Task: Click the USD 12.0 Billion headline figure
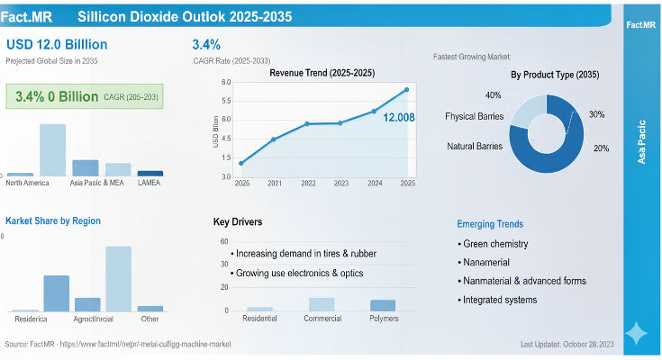click(57, 44)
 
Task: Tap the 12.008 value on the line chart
click(399, 117)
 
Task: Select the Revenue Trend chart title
click(322, 72)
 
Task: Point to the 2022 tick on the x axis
click(308, 183)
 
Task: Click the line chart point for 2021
click(274, 139)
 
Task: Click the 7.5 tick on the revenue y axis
click(226, 101)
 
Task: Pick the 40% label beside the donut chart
click(494, 95)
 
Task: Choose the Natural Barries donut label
click(476, 146)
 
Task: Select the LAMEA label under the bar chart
click(150, 183)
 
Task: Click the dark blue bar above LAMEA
click(150, 173)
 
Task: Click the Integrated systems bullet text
click(501, 299)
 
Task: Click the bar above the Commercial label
click(322, 304)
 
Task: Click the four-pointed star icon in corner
click(637, 333)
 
